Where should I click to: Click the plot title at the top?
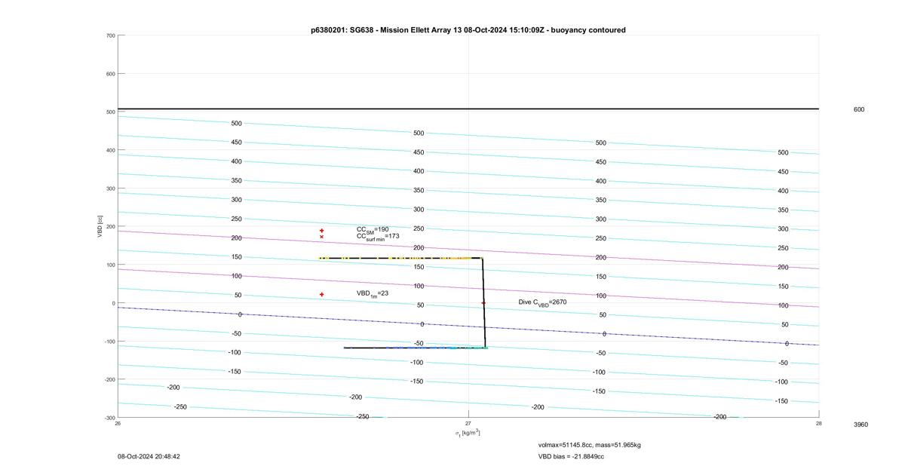pyautogui.click(x=468, y=30)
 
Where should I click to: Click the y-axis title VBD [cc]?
pyautogui.click(x=100, y=226)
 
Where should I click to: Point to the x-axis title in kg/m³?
pyautogui.click(x=468, y=433)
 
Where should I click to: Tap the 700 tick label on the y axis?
pyautogui.click(x=111, y=35)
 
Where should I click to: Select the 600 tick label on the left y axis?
pyautogui.click(x=111, y=74)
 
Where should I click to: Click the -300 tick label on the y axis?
pyautogui.click(x=110, y=418)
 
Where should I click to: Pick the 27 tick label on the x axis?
pyautogui.click(x=468, y=423)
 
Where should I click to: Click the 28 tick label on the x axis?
pyautogui.click(x=818, y=423)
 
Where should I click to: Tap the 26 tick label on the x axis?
pyautogui.click(x=118, y=423)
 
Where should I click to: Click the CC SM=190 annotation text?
pyautogui.click(x=373, y=230)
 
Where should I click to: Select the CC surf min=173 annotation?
pyautogui.click(x=378, y=237)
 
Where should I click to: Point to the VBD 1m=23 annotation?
pyautogui.click(x=372, y=293)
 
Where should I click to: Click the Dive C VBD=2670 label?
pyautogui.click(x=542, y=302)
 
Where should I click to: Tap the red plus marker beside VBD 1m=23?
pyautogui.click(x=321, y=295)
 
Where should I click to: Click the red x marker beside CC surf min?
pyautogui.click(x=321, y=237)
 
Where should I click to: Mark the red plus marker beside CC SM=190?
pyautogui.click(x=321, y=231)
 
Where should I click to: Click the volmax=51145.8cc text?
pyautogui.click(x=565, y=445)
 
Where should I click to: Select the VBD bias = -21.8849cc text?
pyautogui.click(x=571, y=456)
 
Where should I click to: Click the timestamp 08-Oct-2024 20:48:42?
pyautogui.click(x=149, y=456)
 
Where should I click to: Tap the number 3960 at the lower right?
pyautogui.click(x=861, y=425)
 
